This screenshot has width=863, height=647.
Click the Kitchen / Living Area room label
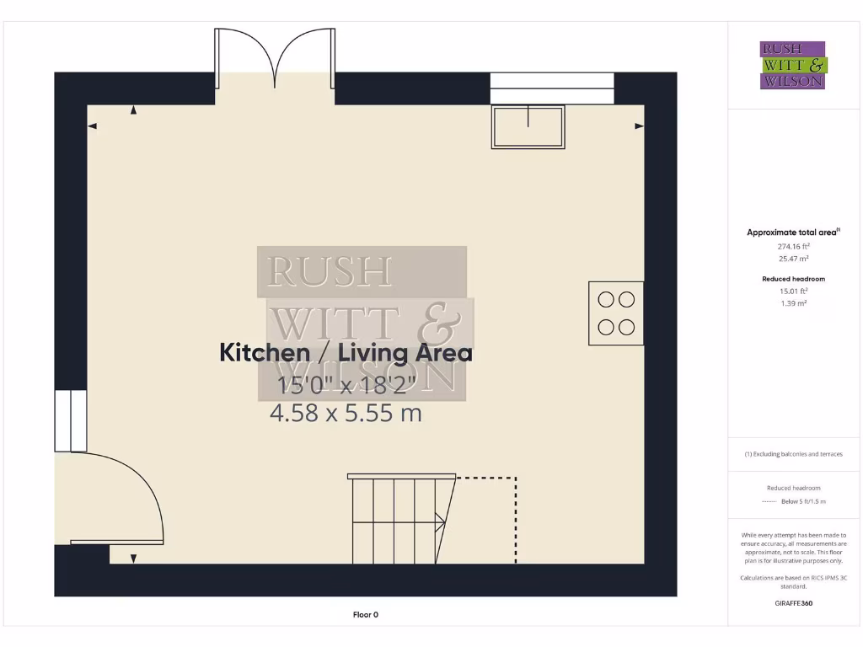(x=346, y=353)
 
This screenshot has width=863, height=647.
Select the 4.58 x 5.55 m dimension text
(x=346, y=413)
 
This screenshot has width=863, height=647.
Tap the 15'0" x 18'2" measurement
(x=347, y=385)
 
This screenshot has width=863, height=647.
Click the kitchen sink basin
(x=528, y=127)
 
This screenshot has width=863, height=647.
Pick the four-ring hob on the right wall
(x=616, y=313)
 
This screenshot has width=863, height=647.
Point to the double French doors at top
(x=276, y=59)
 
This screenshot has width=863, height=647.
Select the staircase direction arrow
(x=439, y=523)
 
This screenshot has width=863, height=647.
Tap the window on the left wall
(x=71, y=420)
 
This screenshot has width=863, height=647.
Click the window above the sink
(x=552, y=88)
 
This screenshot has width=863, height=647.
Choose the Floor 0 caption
(x=366, y=615)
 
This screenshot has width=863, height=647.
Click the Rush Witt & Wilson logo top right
(x=793, y=66)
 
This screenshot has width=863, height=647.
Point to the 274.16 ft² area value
(x=793, y=247)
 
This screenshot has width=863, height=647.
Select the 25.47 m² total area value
(x=793, y=259)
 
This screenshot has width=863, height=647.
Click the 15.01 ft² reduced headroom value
(x=793, y=291)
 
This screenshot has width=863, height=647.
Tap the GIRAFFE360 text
(x=793, y=603)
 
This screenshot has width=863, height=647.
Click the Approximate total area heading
(x=792, y=233)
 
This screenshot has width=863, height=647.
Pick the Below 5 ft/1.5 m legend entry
(x=803, y=501)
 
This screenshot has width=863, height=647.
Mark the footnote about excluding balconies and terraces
(x=793, y=454)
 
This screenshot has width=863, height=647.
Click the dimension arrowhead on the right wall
(x=638, y=126)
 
